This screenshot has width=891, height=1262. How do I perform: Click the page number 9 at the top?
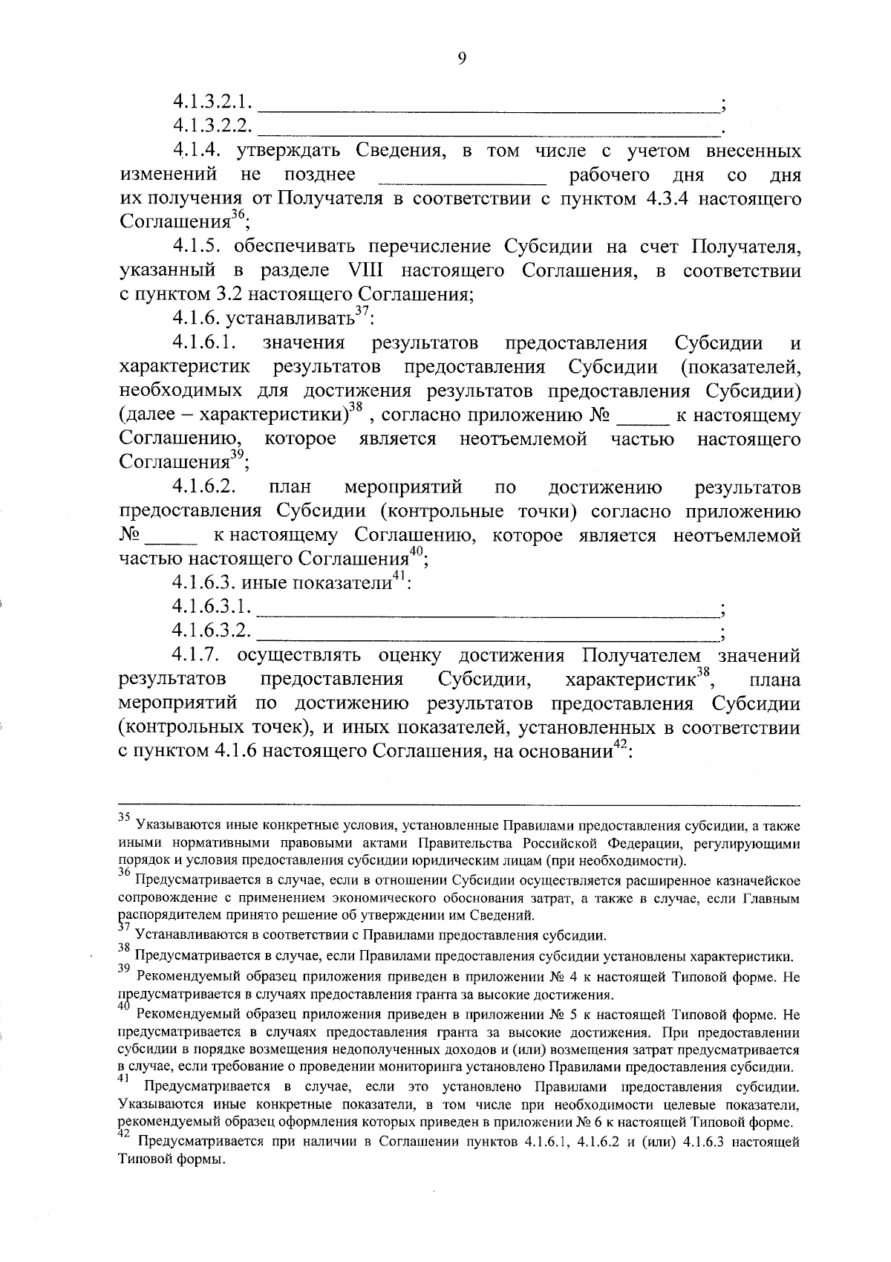click(462, 60)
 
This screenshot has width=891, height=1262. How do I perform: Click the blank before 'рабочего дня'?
click(462, 178)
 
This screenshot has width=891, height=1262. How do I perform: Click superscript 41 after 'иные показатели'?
click(399, 576)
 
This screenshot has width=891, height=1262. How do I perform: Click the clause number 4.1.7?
click(200, 655)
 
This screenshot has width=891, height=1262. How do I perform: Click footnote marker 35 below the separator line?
click(125, 816)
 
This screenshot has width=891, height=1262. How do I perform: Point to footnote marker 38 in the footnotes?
click(125, 947)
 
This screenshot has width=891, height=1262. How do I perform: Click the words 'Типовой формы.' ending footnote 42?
click(172, 1160)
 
